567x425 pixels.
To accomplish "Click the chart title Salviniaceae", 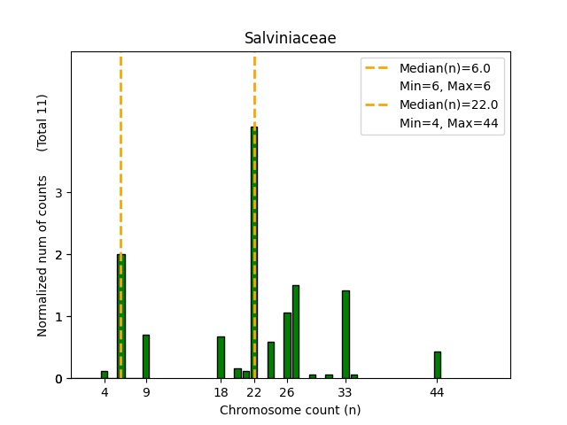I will [290, 39].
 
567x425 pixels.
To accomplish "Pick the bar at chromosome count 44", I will [437, 365].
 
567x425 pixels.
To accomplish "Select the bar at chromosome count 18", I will [221, 358].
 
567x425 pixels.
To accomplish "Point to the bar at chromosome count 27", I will [295, 332].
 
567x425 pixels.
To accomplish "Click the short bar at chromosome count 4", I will [104, 375].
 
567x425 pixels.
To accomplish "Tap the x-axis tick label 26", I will [287, 392].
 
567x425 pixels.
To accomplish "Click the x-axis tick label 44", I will [437, 392].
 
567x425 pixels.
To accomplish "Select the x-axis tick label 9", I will [145, 392].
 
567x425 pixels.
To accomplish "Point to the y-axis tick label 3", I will [58, 193].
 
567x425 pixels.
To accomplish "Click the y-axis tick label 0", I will [58, 379].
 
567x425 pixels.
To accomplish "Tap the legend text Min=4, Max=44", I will [451, 124].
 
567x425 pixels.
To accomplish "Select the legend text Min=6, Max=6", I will [445, 86].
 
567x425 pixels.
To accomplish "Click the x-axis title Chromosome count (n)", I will [290, 410].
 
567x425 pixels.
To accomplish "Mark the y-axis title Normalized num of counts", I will [42, 266].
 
